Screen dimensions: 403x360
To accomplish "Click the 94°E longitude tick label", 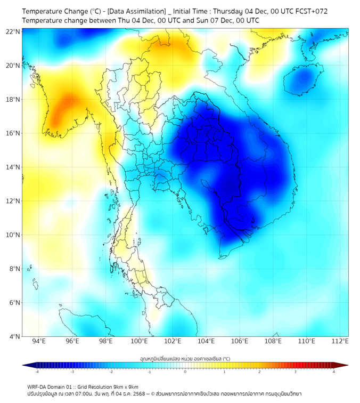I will point(39,341).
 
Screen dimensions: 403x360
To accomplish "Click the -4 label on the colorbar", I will point(37,372).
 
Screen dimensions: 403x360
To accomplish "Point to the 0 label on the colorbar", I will point(185,372).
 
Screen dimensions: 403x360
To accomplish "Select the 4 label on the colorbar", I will point(333,372).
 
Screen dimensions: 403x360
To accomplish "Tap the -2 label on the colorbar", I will point(111,372).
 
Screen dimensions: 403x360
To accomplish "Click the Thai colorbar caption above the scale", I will point(185,359).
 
